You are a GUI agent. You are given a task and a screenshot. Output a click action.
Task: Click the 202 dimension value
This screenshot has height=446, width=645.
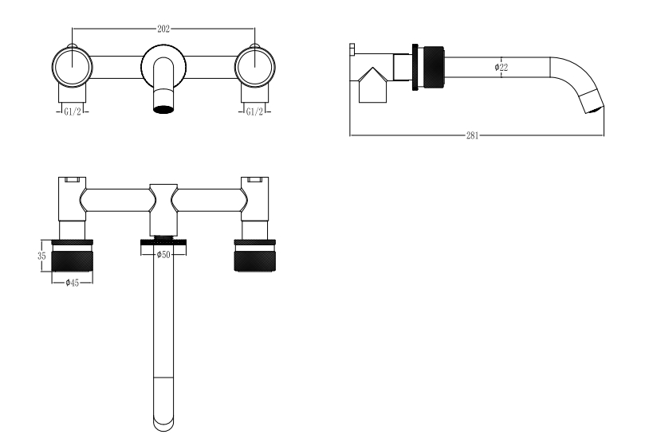[163, 29]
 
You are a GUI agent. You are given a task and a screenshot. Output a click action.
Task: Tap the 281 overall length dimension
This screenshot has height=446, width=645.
[472, 135]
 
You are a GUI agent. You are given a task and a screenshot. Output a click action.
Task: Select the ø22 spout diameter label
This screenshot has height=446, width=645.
[501, 67]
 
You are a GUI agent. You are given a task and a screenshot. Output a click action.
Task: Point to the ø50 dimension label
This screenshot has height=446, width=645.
[163, 254]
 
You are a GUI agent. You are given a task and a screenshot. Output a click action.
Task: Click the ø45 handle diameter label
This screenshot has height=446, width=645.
[72, 283]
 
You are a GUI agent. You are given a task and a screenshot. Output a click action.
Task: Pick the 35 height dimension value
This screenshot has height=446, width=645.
[41, 256]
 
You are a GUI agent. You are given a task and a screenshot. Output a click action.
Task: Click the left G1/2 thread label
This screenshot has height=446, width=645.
[73, 111]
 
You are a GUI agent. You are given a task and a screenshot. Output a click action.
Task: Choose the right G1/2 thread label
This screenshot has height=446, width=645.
[254, 111]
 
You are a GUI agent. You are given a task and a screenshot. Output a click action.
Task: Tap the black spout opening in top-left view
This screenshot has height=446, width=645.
[163, 109]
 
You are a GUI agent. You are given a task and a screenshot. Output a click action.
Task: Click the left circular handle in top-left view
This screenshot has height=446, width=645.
[72, 67]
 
